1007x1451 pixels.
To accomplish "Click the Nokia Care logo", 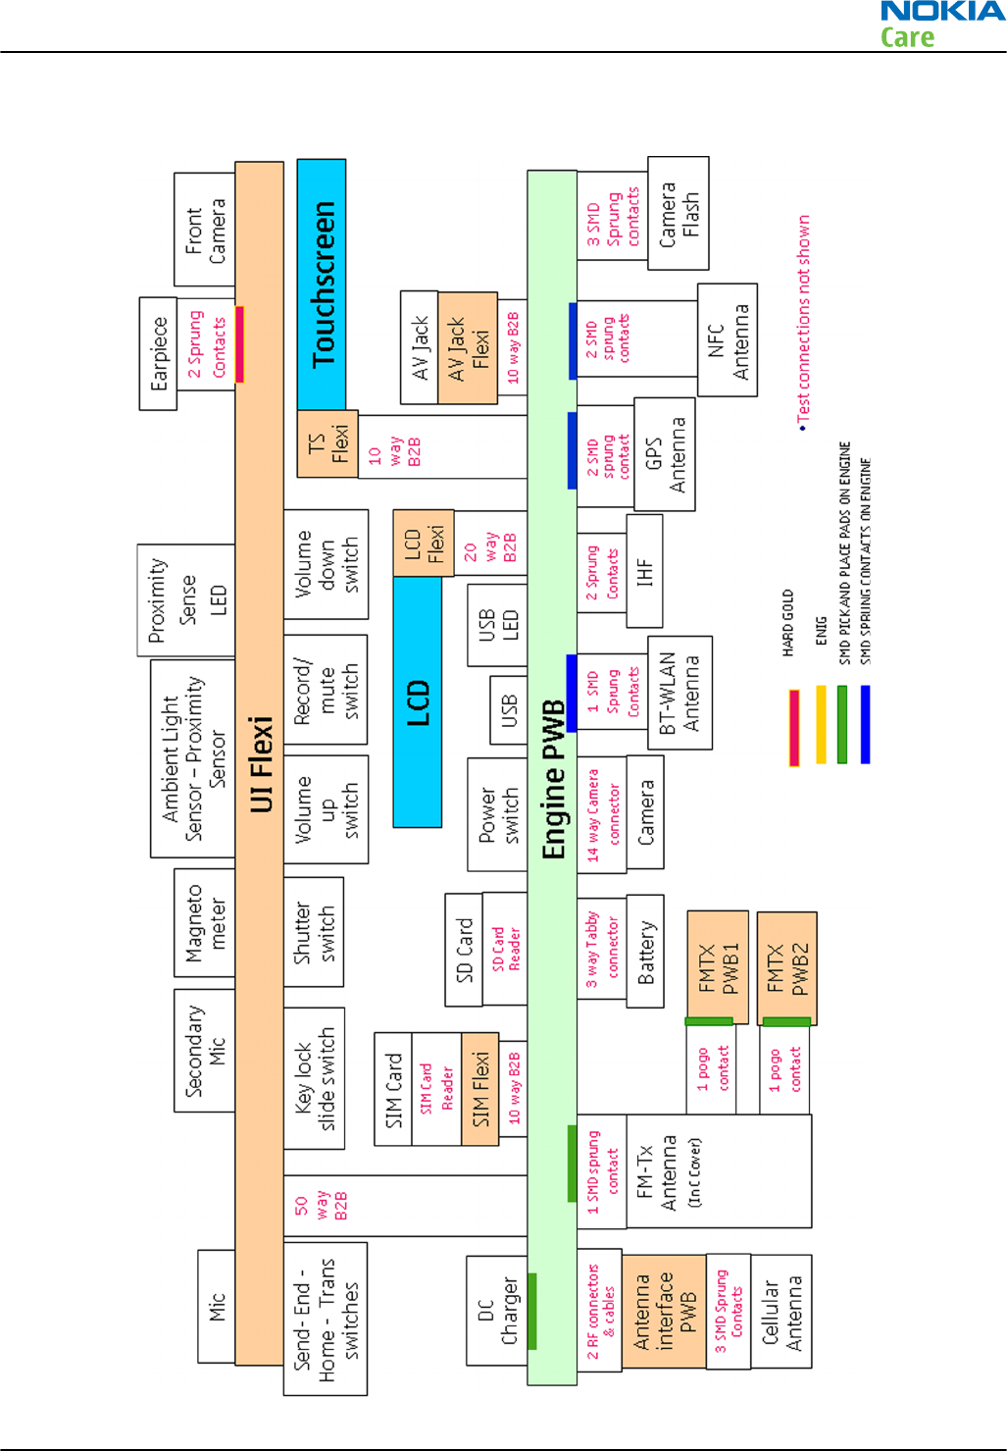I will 941,25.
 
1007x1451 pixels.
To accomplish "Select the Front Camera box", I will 205,231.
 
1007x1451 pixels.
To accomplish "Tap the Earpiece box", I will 158,353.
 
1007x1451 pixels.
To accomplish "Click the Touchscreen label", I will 322,285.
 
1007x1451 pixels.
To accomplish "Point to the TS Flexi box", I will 327,444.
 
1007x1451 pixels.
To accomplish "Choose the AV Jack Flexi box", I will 468,348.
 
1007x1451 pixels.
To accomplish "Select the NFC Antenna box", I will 727,340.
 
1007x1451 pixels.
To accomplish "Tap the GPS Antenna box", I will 665,454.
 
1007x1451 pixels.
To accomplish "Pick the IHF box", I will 644,571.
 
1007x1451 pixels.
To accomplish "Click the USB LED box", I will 497,625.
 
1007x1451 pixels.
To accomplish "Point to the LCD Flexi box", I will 424,543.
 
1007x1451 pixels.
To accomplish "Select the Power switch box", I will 497,814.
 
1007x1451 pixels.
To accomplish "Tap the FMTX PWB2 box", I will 787,968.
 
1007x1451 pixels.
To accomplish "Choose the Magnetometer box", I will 205,923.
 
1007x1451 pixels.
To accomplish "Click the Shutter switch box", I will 314,933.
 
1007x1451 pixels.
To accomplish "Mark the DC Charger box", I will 497,1310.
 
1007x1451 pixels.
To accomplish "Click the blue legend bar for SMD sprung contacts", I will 865,724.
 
